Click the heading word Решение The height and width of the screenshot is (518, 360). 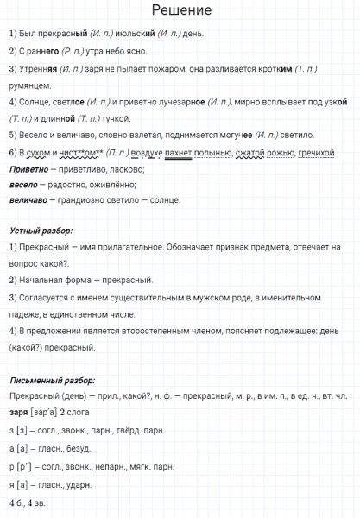click(x=180, y=10)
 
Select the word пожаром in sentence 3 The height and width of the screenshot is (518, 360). click(x=184, y=69)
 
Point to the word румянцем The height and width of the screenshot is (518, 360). click(x=29, y=85)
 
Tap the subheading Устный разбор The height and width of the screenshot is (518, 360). click(x=41, y=232)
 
